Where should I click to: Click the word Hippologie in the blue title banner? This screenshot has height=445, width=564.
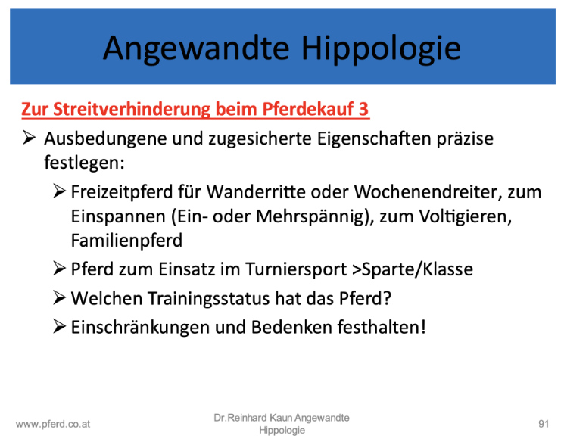pyautogui.click(x=382, y=49)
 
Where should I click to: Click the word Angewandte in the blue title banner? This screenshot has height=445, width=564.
pyautogui.click(x=196, y=49)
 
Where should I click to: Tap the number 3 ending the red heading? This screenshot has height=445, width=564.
pyautogui.click(x=363, y=109)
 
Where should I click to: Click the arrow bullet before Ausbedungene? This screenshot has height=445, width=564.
pyautogui.click(x=29, y=138)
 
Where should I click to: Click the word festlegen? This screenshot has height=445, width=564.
pyautogui.click(x=84, y=163)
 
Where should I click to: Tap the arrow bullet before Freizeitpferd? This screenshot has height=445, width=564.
pyautogui.click(x=59, y=191)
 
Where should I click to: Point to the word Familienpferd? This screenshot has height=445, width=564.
pyautogui.click(x=126, y=241)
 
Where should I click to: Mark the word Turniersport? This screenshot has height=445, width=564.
pyautogui.click(x=296, y=269)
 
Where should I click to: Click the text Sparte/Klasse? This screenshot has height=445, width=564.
pyautogui.click(x=417, y=269)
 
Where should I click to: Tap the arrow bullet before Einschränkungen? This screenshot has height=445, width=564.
pyautogui.click(x=59, y=327)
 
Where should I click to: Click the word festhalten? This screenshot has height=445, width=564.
pyautogui.click(x=382, y=328)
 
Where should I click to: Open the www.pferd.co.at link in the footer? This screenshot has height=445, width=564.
pyautogui.click(x=53, y=424)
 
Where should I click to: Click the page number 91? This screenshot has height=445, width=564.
pyautogui.click(x=544, y=424)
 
